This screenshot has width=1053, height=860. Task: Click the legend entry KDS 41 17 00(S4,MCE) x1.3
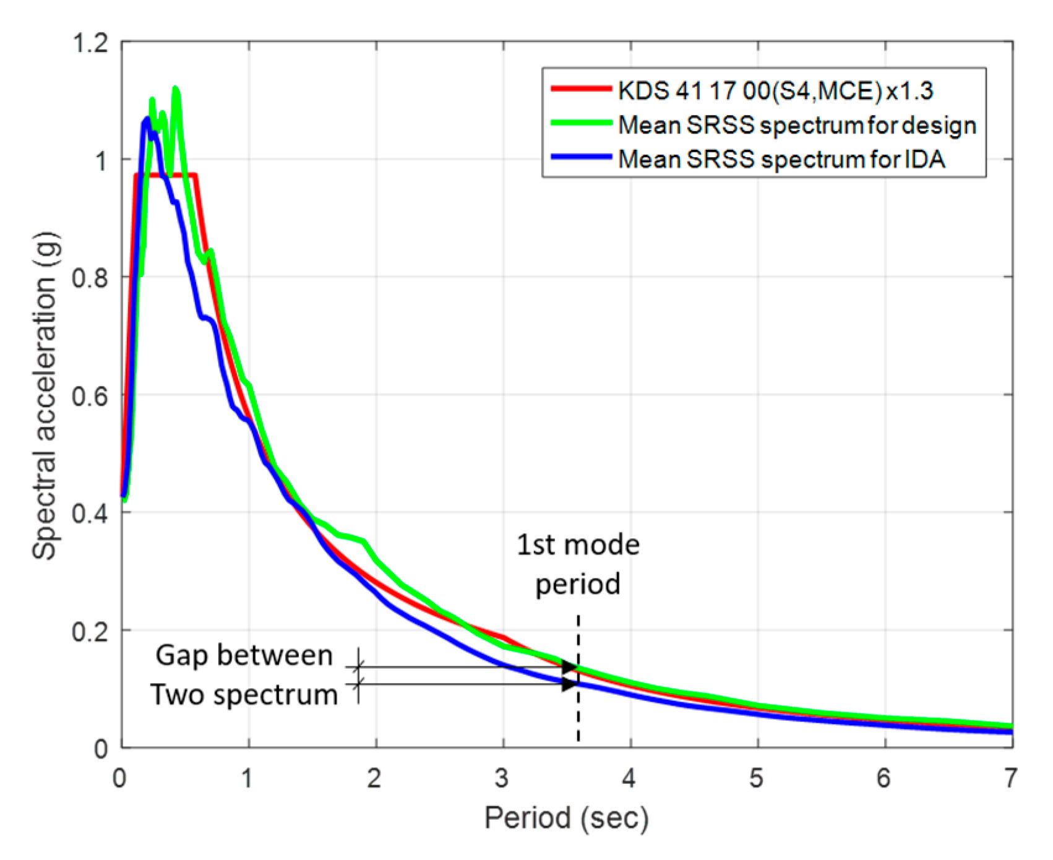(x=775, y=91)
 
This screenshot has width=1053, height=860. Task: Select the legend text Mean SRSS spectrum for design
(x=797, y=125)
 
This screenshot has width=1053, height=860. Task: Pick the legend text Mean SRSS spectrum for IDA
(x=781, y=159)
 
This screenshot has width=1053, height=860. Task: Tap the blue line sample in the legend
(x=581, y=157)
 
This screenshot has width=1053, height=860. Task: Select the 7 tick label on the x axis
(x=1010, y=778)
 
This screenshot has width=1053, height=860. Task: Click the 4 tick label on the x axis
(x=629, y=778)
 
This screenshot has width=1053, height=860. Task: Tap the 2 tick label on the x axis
(x=374, y=778)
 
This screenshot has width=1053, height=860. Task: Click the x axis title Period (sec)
(x=566, y=818)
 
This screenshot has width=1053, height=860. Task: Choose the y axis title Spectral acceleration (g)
(x=45, y=396)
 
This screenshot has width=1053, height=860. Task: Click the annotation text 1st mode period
(x=577, y=564)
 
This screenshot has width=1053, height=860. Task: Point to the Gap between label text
(x=244, y=655)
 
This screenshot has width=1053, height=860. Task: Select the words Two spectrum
(x=244, y=694)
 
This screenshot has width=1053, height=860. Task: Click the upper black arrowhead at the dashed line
(x=569, y=667)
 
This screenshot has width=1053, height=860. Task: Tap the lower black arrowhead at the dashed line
(x=569, y=684)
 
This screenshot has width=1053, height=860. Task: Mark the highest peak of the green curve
(x=176, y=90)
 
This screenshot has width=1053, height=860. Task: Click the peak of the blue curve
(x=147, y=119)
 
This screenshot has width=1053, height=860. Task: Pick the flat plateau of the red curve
(x=166, y=175)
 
